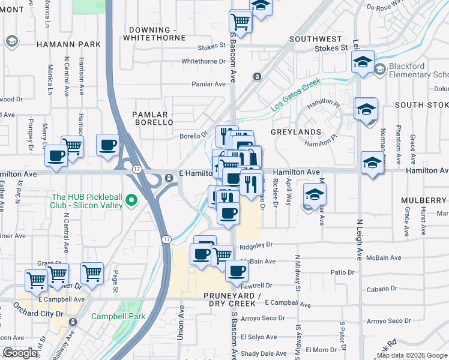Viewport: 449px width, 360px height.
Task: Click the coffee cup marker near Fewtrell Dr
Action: pyautogui.click(x=237, y=271)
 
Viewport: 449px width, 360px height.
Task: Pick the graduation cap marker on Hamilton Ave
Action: pyautogui.click(x=372, y=163)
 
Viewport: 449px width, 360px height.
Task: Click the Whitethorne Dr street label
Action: pyautogui.click(x=203, y=61)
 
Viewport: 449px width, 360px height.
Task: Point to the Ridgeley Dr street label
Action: pyautogui.click(x=256, y=245)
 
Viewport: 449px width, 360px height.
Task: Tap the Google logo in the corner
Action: pyautogui.click(x=20, y=353)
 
